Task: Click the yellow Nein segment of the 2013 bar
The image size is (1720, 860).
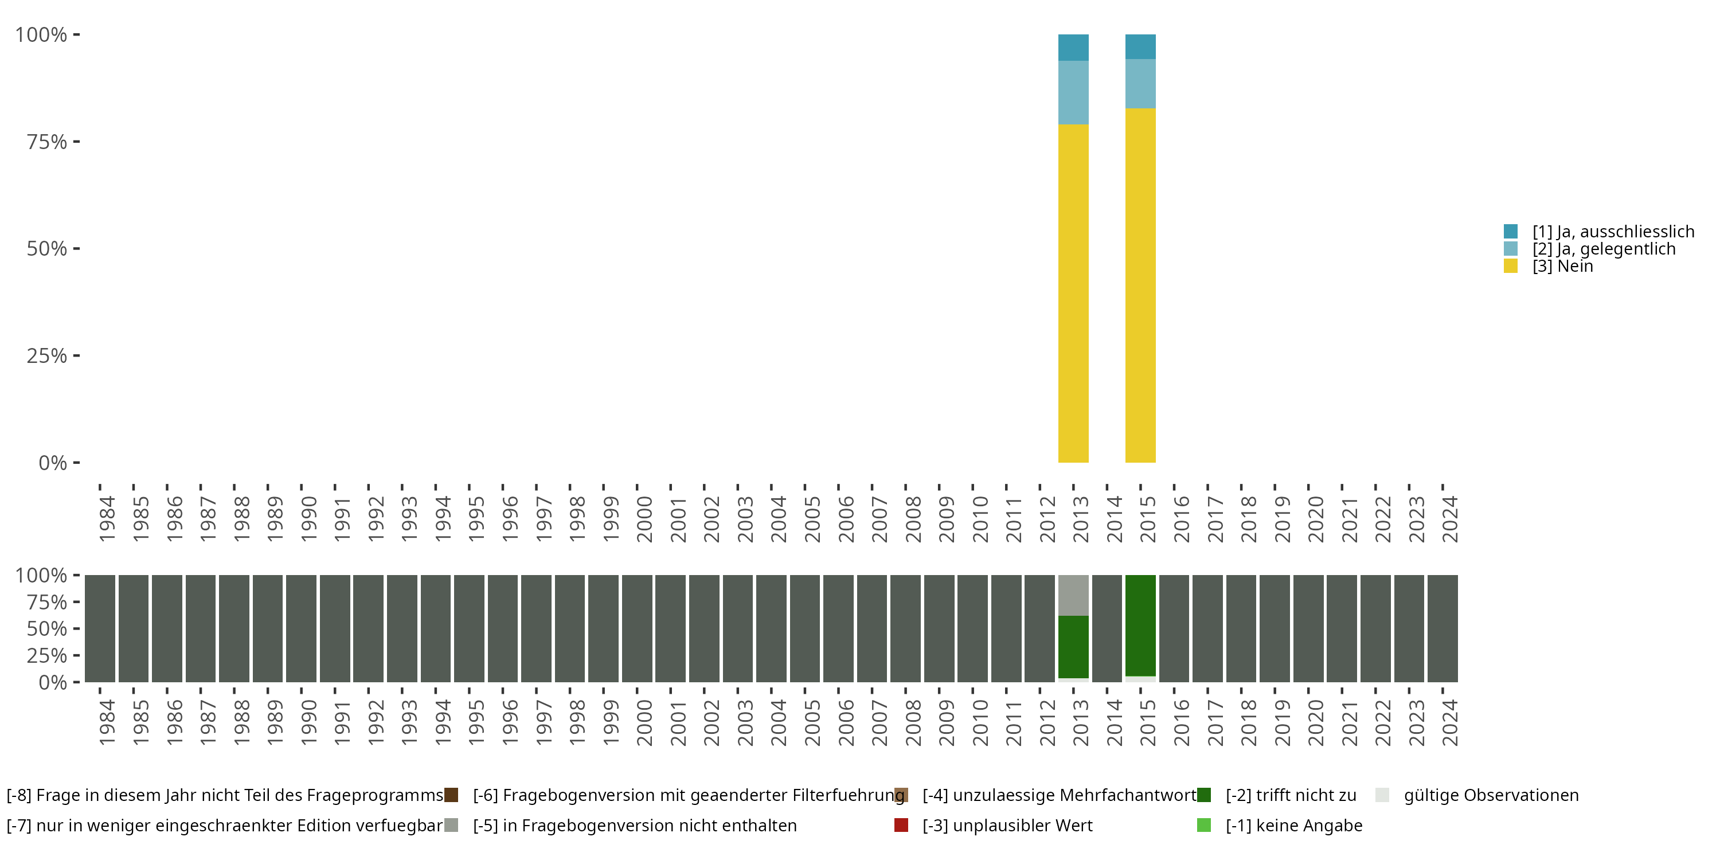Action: pos(1073,294)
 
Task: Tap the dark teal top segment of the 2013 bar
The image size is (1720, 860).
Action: pos(1073,48)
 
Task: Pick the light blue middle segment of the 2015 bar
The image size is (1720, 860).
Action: pos(1140,84)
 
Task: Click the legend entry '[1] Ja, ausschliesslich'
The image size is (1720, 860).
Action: pos(1612,232)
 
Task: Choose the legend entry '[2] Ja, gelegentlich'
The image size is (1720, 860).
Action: pos(1603,249)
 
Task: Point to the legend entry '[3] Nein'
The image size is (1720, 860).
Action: pos(1562,267)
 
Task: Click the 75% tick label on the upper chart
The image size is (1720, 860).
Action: pos(47,142)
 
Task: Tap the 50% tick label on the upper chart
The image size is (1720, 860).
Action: pos(47,248)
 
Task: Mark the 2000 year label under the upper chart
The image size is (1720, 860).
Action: pos(644,519)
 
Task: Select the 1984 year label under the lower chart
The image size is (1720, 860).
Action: pos(107,722)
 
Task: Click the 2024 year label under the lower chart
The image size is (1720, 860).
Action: pos(1451,722)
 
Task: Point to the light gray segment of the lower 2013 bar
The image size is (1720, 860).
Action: pos(1073,595)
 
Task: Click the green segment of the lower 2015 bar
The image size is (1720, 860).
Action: pos(1140,625)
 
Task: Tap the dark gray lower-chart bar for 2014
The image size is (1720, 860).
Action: pos(1107,628)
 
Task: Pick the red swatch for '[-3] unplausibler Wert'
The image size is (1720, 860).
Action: pos(901,825)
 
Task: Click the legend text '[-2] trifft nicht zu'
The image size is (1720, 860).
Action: pos(1291,795)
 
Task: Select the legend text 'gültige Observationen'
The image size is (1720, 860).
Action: pos(1490,795)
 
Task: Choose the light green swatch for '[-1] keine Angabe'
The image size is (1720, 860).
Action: pos(1204,825)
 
